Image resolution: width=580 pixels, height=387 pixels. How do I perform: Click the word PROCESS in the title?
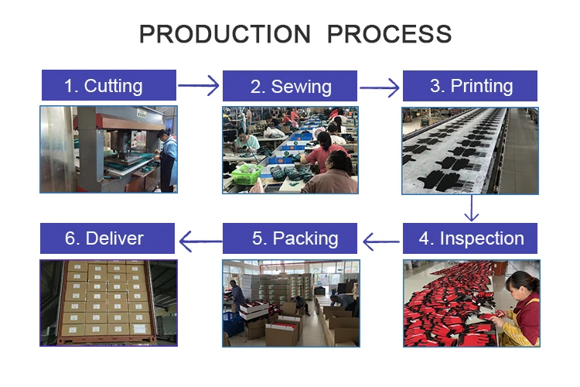389,34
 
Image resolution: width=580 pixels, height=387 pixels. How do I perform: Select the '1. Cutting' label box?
108,85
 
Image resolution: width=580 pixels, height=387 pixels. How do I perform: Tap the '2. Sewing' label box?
290,86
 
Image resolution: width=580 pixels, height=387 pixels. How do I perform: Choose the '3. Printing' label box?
470,85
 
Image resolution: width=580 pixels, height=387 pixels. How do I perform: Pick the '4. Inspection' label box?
470,238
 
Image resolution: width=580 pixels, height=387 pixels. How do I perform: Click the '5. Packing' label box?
290,238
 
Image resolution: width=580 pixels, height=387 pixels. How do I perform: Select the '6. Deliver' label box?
108,238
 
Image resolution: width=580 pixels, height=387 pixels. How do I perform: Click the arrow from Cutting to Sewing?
199,85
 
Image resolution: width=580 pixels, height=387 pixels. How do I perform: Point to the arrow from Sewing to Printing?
380,86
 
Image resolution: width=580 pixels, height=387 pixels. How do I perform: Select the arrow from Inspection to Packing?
380,241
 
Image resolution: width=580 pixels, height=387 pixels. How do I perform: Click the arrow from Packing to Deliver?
200,241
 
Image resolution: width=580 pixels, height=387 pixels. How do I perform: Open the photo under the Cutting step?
108,149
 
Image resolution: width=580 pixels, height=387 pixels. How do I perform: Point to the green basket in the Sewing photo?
246,177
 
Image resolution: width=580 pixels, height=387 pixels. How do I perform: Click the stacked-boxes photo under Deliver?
108,303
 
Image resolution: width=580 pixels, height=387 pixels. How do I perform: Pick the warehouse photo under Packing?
290,303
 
